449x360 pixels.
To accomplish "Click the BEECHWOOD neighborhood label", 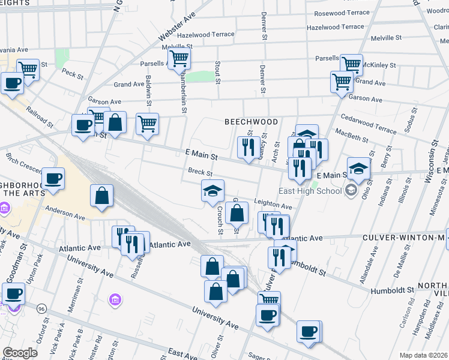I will (251, 122).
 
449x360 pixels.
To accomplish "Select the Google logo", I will (20, 353).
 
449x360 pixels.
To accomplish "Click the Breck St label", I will (197, 172).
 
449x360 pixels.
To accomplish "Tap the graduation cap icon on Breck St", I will (212, 191).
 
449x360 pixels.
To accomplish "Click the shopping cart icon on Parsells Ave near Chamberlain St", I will (179, 59).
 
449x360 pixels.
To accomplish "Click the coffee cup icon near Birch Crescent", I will (53, 179).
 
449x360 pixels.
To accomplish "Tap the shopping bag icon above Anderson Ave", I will (102, 196).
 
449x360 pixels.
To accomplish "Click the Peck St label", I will (72, 74).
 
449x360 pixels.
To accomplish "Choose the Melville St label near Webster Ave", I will (177, 46).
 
